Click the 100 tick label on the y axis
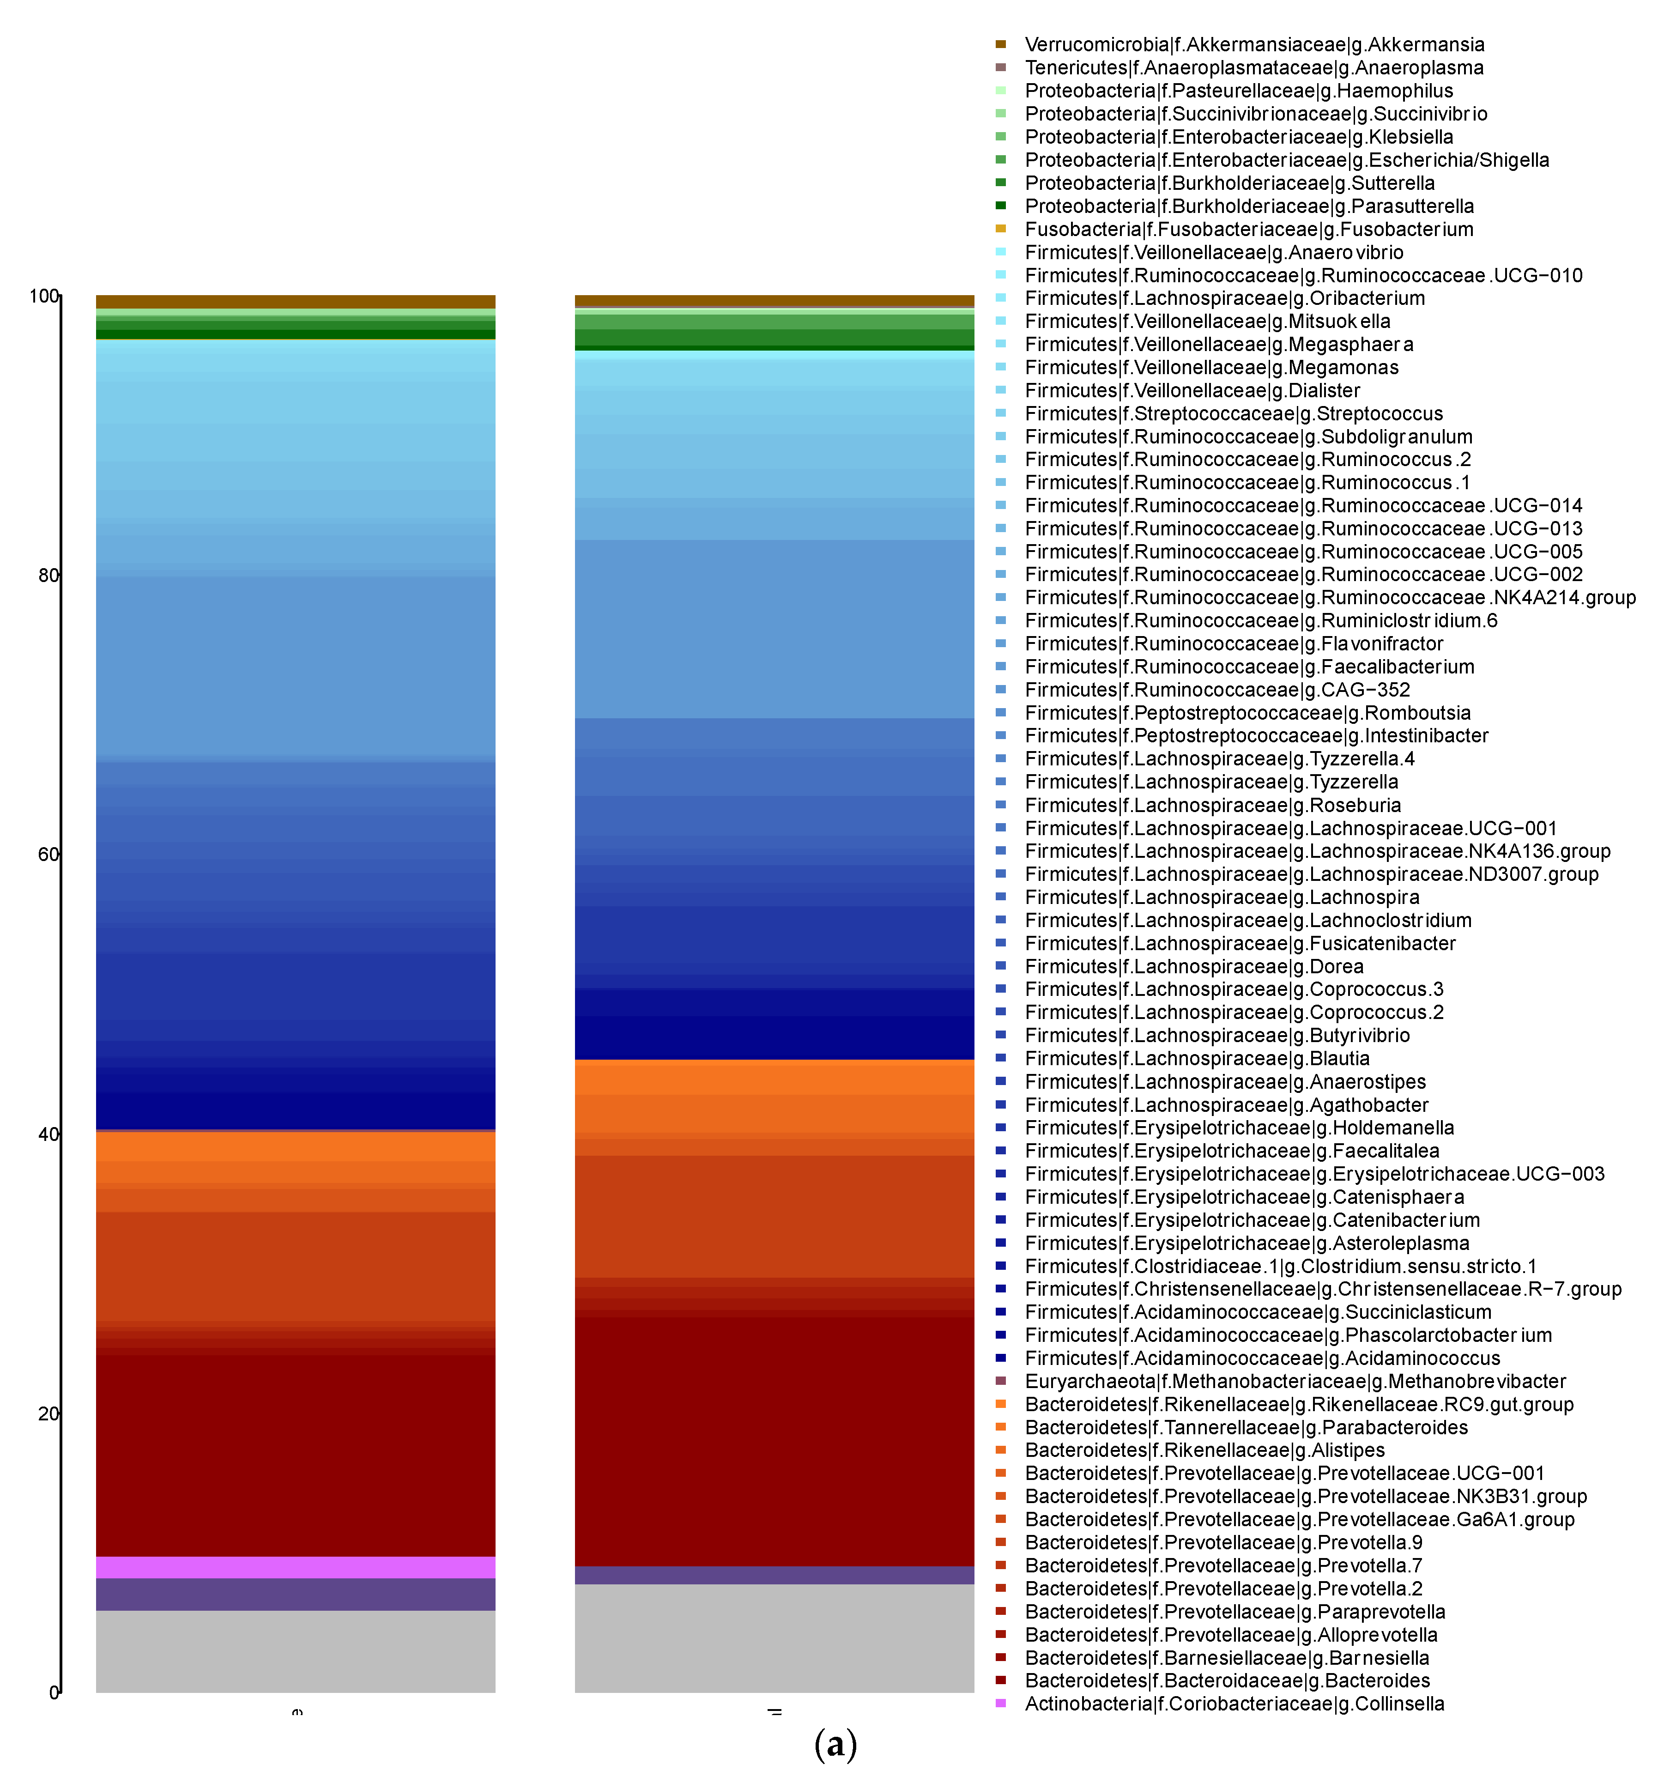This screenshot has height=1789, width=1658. (43, 296)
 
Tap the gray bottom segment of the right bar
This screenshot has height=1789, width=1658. (774, 1638)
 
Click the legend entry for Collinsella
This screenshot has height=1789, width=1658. (1234, 1704)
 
